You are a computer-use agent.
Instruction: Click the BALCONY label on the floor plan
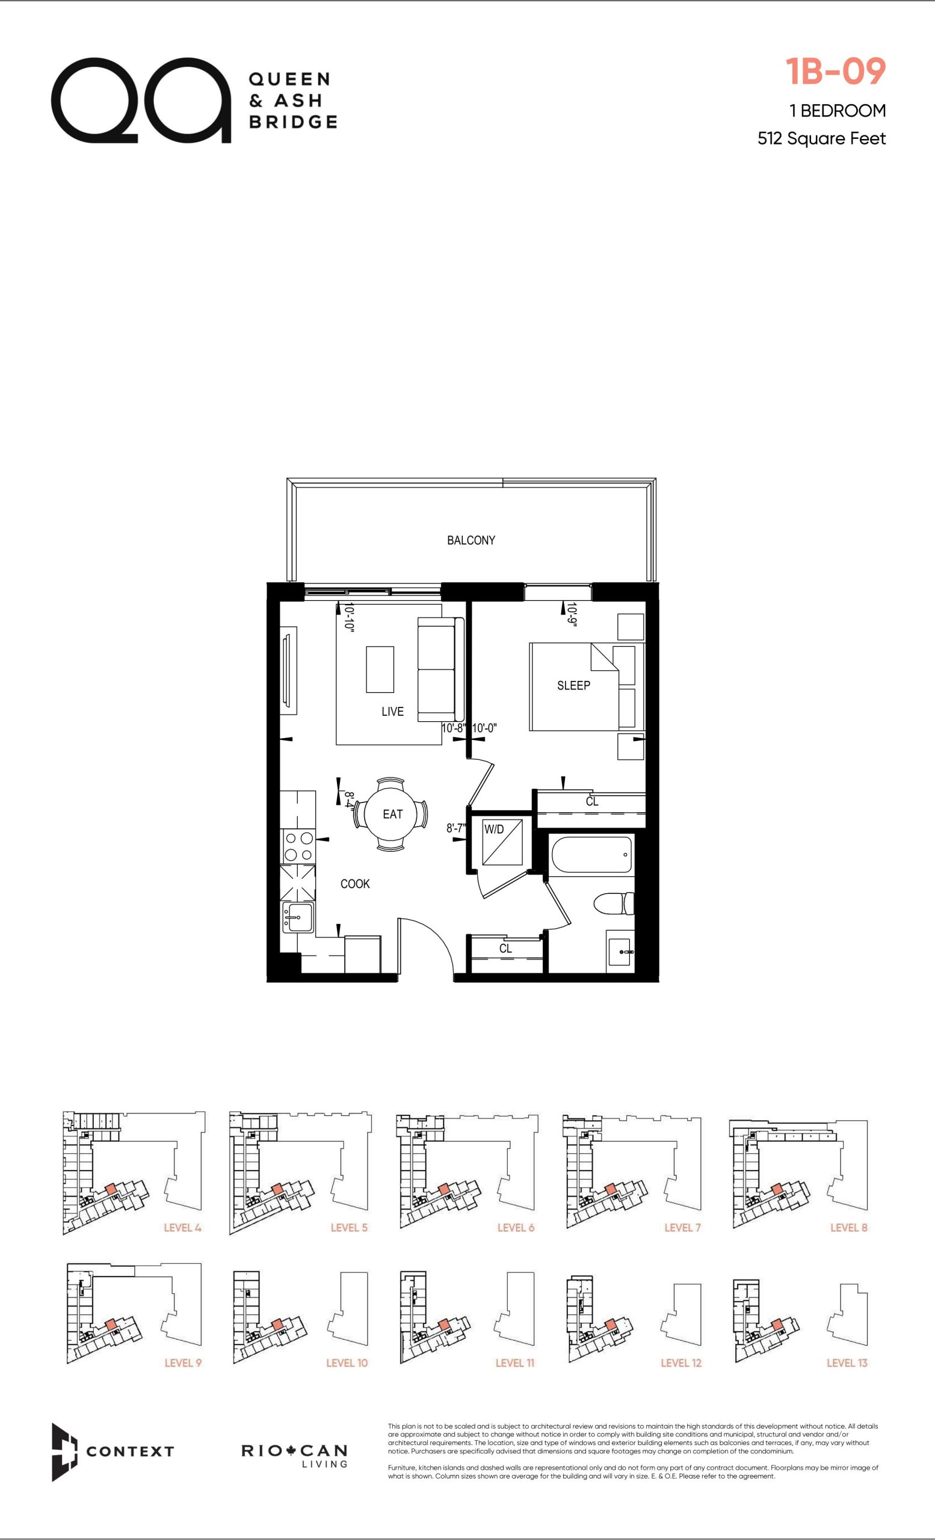pyautogui.click(x=471, y=540)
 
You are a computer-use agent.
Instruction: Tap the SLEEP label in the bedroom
pyautogui.click(x=573, y=686)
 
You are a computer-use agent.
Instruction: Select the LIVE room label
pyautogui.click(x=392, y=711)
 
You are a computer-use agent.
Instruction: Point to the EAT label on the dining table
pyautogui.click(x=392, y=814)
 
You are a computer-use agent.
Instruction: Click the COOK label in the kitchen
pyautogui.click(x=355, y=884)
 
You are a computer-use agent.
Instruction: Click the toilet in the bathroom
pyautogui.click(x=613, y=904)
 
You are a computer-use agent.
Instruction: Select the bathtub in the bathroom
pyautogui.click(x=591, y=854)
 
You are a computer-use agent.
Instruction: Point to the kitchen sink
pyautogui.click(x=298, y=917)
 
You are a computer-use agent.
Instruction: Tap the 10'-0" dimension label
pyautogui.click(x=484, y=728)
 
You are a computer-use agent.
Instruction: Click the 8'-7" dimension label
pyautogui.click(x=456, y=828)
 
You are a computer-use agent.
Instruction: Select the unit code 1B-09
pyautogui.click(x=836, y=71)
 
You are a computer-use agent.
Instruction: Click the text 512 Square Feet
pyautogui.click(x=821, y=138)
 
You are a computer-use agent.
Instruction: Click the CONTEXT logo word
pyautogui.click(x=130, y=1451)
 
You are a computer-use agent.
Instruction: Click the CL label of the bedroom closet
pyautogui.click(x=592, y=801)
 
